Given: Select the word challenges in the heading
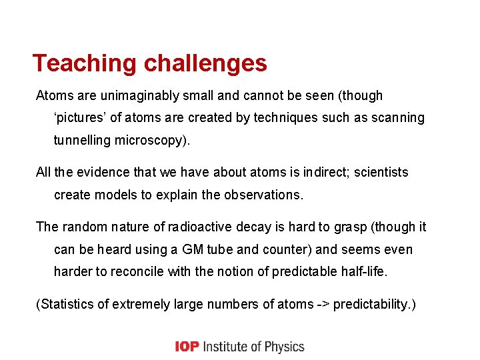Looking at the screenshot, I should pos(205,63).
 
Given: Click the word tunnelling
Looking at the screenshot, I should pos(84,141).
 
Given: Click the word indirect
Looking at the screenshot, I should pos(323,172).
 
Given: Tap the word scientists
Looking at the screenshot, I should pos(381,172).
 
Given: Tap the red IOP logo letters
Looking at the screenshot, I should pos(187,347).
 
